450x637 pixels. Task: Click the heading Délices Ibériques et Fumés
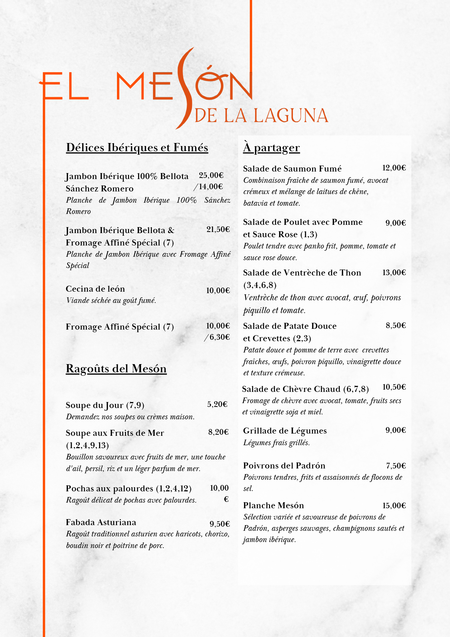(x=137, y=148)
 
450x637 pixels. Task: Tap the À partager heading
(x=271, y=148)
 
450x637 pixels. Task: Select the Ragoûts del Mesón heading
(x=116, y=369)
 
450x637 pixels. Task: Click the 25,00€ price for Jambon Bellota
(x=211, y=175)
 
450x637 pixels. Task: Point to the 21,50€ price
(x=218, y=229)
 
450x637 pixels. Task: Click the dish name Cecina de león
(x=95, y=289)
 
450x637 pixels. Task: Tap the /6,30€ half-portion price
(x=217, y=337)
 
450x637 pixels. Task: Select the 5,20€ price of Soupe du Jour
(x=217, y=404)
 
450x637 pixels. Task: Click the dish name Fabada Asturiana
(x=101, y=522)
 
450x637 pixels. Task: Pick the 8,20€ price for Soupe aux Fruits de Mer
(x=218, y=432)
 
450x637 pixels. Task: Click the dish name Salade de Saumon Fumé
(x=292, y=169)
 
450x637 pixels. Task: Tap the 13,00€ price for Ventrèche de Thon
(x=394, y=273)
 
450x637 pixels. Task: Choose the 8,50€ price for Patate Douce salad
(x=396, y=325)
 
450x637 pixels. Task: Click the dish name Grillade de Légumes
(x=285, y=431)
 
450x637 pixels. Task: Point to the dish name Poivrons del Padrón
(x=284, y=465)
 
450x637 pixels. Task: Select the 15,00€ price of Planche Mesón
(x=394, y=506)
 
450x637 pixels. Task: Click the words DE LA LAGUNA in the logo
(x=261, y=116)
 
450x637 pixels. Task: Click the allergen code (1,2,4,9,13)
(x=87, y=445)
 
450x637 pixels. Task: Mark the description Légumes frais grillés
(x=276, y=443)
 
